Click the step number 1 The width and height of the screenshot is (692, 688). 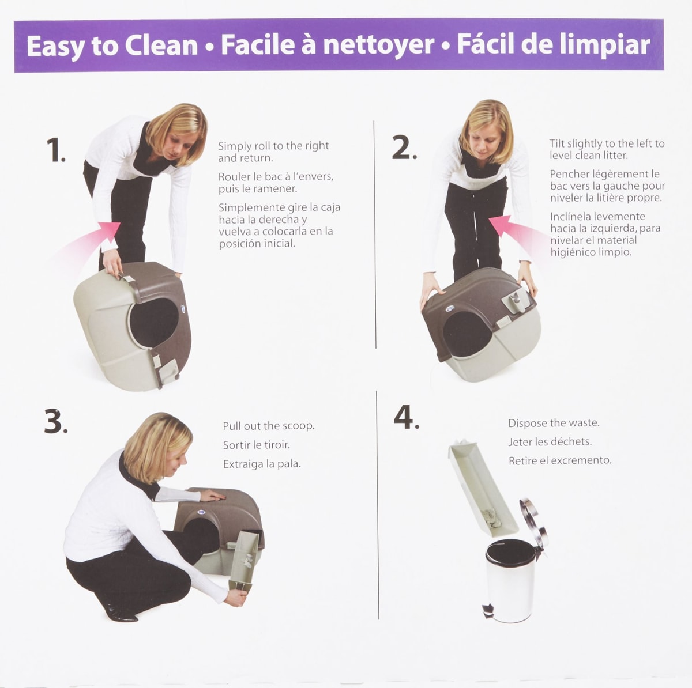[55, 150]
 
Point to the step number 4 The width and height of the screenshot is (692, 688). [406, 418]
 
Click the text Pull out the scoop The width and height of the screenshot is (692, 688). [268, 426]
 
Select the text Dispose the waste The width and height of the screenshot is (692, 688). [554, 423]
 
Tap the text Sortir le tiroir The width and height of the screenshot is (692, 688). [256, 445]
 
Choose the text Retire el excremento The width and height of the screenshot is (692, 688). [559, 460]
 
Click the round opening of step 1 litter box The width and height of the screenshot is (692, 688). [153, 323]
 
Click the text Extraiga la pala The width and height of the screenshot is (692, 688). [262, 464]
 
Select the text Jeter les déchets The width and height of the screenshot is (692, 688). [550, 442]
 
